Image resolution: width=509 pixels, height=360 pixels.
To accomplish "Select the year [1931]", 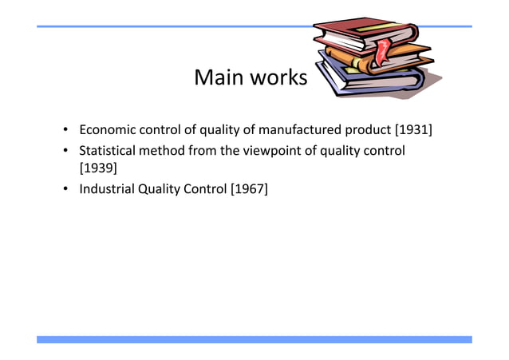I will coord(408,129).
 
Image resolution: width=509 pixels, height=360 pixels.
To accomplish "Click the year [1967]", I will coord(249,189).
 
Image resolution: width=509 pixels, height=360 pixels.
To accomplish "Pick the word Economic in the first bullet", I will coord(108,129).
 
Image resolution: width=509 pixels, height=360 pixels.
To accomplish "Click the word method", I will coord(164,150).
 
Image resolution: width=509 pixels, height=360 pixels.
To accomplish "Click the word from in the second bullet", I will coord(203,150).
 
